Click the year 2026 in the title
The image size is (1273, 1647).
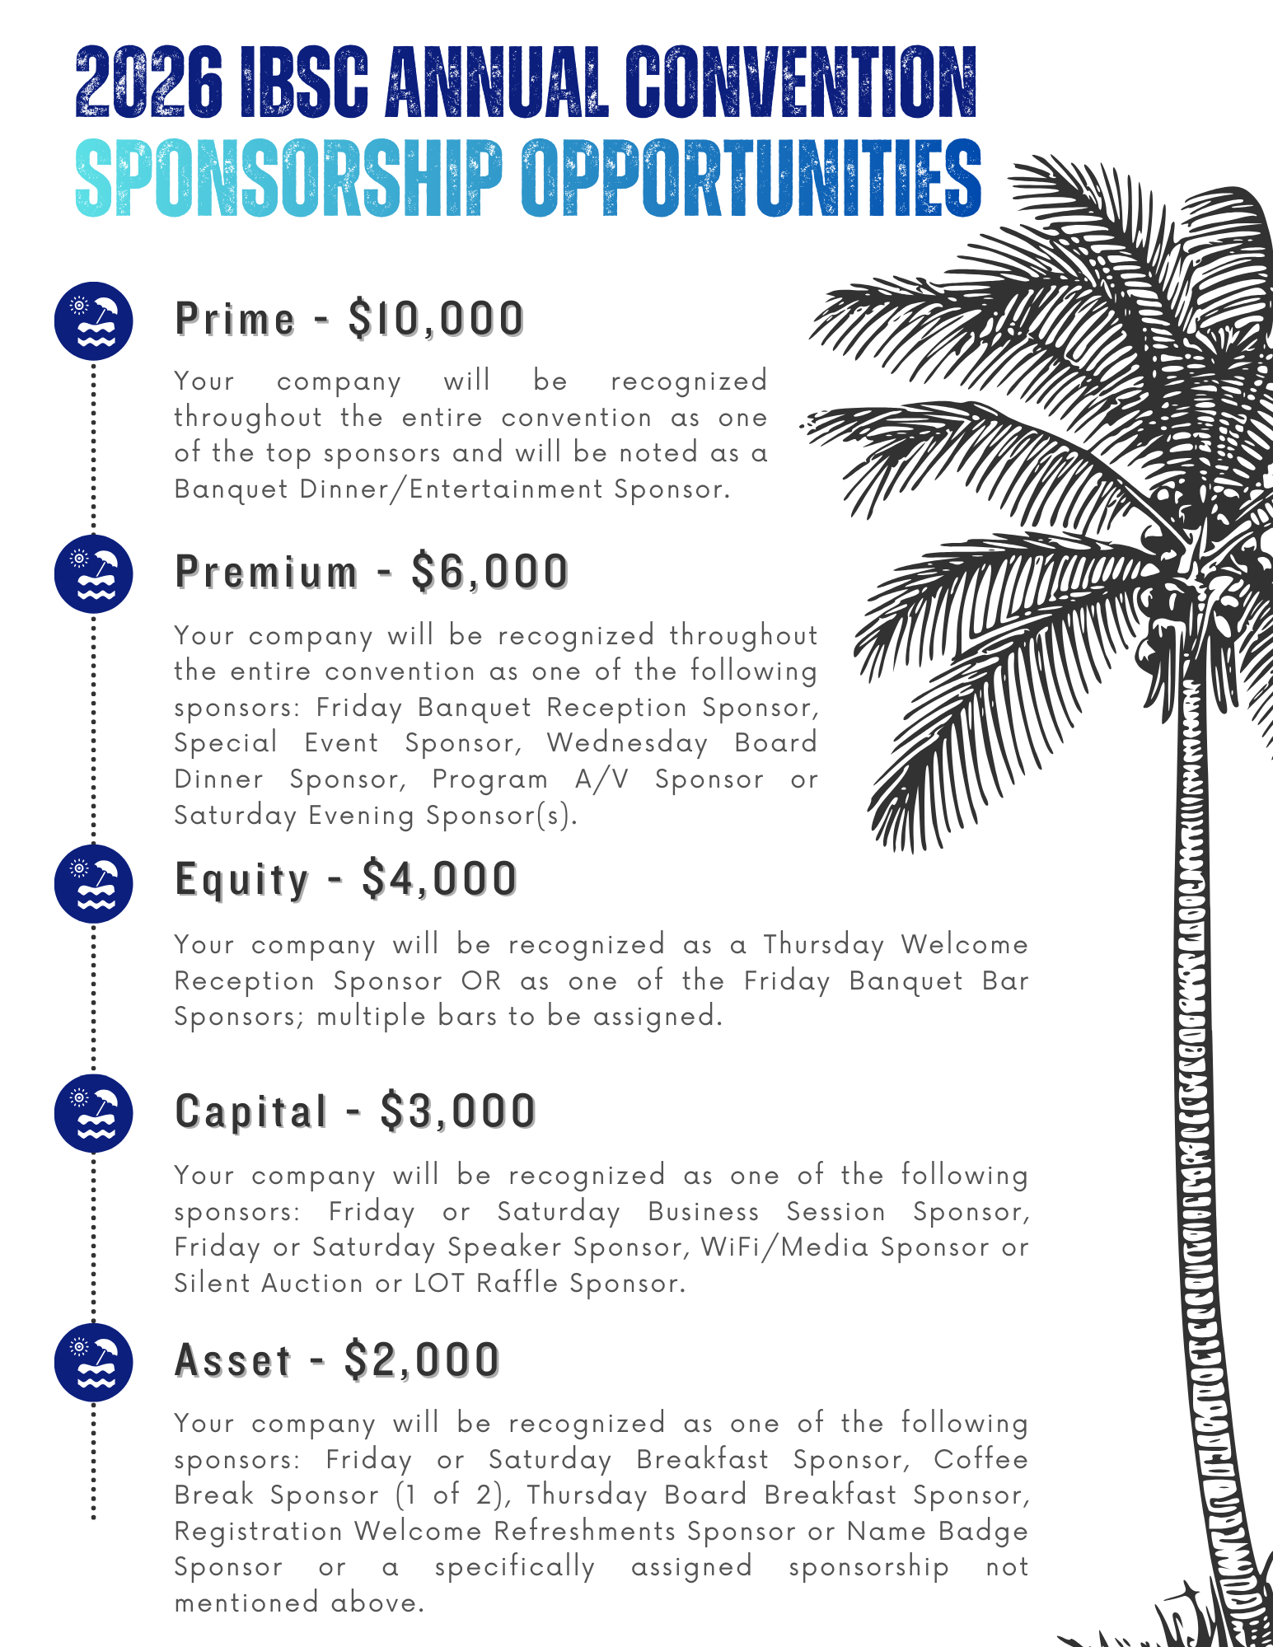[x=148, y=82]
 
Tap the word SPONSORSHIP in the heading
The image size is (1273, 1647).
[x=288, y=178]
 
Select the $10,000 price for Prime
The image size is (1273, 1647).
[x=436, y=319]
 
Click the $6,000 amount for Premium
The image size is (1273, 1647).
[x=490, y=572]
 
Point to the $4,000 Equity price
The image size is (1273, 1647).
[x=439, y=879]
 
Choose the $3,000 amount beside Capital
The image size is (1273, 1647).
[x=458, y=1111]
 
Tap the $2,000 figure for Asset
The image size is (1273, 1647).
[x=422, y=1360]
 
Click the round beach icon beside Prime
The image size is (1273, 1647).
[x=94, y=321]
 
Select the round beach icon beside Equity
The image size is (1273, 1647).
[x=94, y=883]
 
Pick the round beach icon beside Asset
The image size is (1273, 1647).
[x=94, y=1362]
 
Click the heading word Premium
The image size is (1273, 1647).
[x=267, y=572]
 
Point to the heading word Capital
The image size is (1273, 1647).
[x=251, y=1111]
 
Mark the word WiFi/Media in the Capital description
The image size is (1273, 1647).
[x=784, y=1247]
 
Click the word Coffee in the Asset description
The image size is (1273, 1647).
[x=980, y=1460]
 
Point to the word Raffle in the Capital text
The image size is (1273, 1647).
[x=517, y=1284]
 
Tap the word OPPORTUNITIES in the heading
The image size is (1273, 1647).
[x=750, y=178]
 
